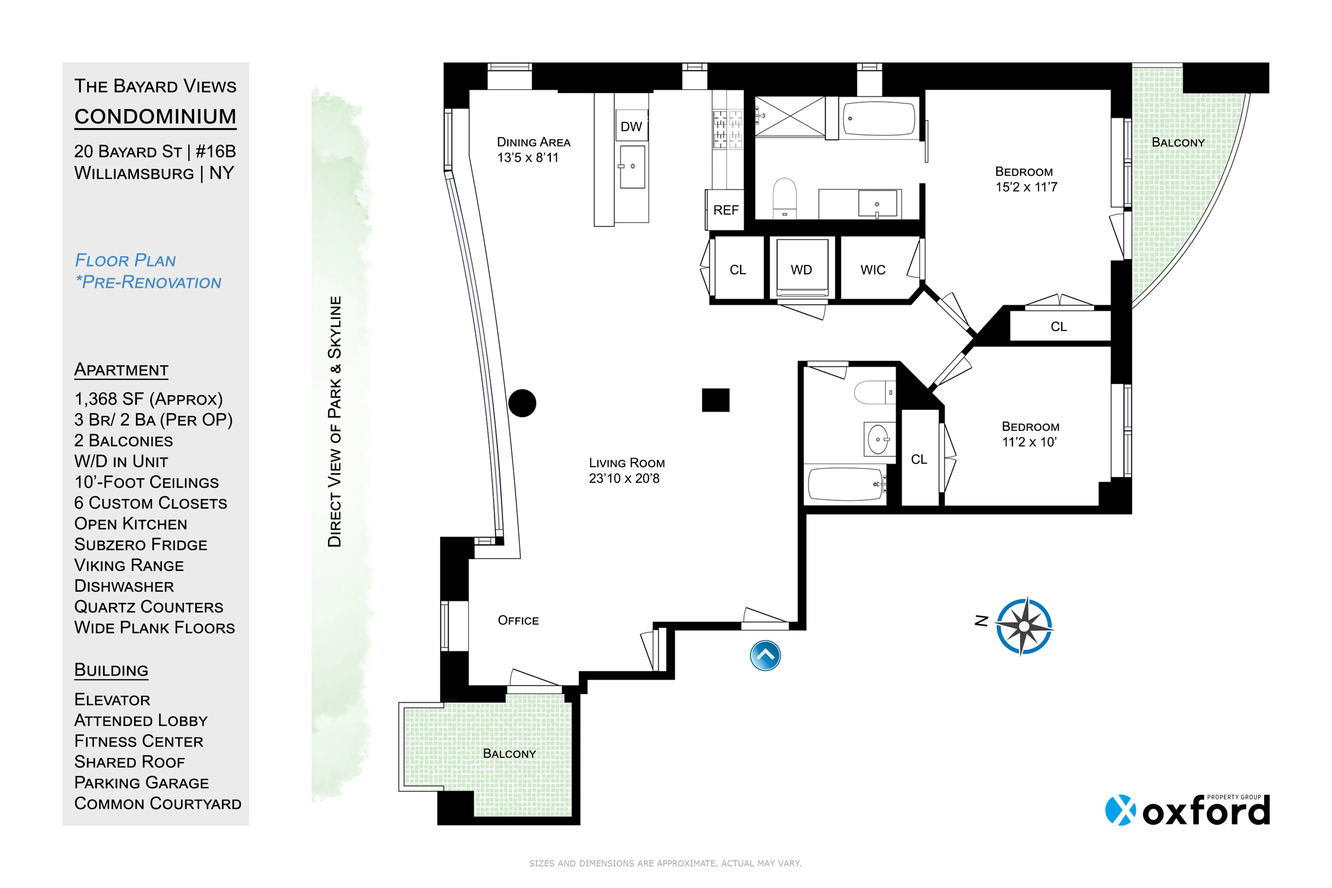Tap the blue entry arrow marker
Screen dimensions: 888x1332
(765, 656)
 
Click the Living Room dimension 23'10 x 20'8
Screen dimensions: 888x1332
(624, 479)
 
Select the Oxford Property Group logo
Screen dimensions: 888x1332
(1188, 810)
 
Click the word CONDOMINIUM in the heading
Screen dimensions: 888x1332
(155, 117)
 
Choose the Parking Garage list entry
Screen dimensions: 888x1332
(141, 783)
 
